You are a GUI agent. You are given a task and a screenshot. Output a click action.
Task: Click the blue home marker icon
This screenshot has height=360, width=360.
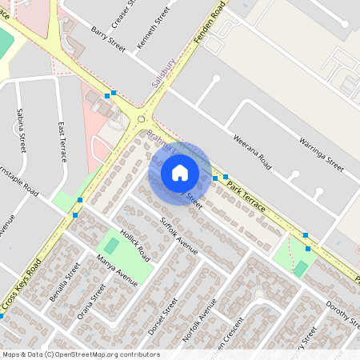tap(180, 172)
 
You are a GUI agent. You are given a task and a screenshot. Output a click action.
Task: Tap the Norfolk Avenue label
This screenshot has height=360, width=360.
tap(199, 322)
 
